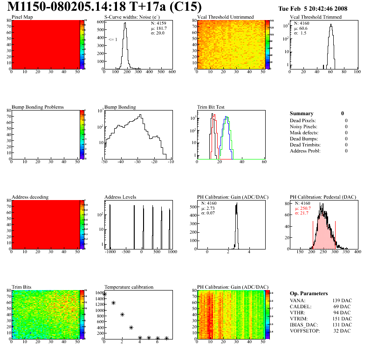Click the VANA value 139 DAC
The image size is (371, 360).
343,300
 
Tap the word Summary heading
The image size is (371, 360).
302,113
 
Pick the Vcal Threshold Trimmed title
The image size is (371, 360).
316,17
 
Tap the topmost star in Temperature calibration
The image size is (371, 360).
105,294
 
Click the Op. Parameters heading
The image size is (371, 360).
309,293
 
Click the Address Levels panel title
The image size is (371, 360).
120,197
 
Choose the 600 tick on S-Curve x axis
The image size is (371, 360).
172,72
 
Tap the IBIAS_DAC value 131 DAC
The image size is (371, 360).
343,325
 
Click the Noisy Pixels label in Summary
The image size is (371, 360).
303,126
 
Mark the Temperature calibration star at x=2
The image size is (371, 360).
122,315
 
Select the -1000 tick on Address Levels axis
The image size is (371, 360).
110,252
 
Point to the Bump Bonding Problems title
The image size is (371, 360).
38,107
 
